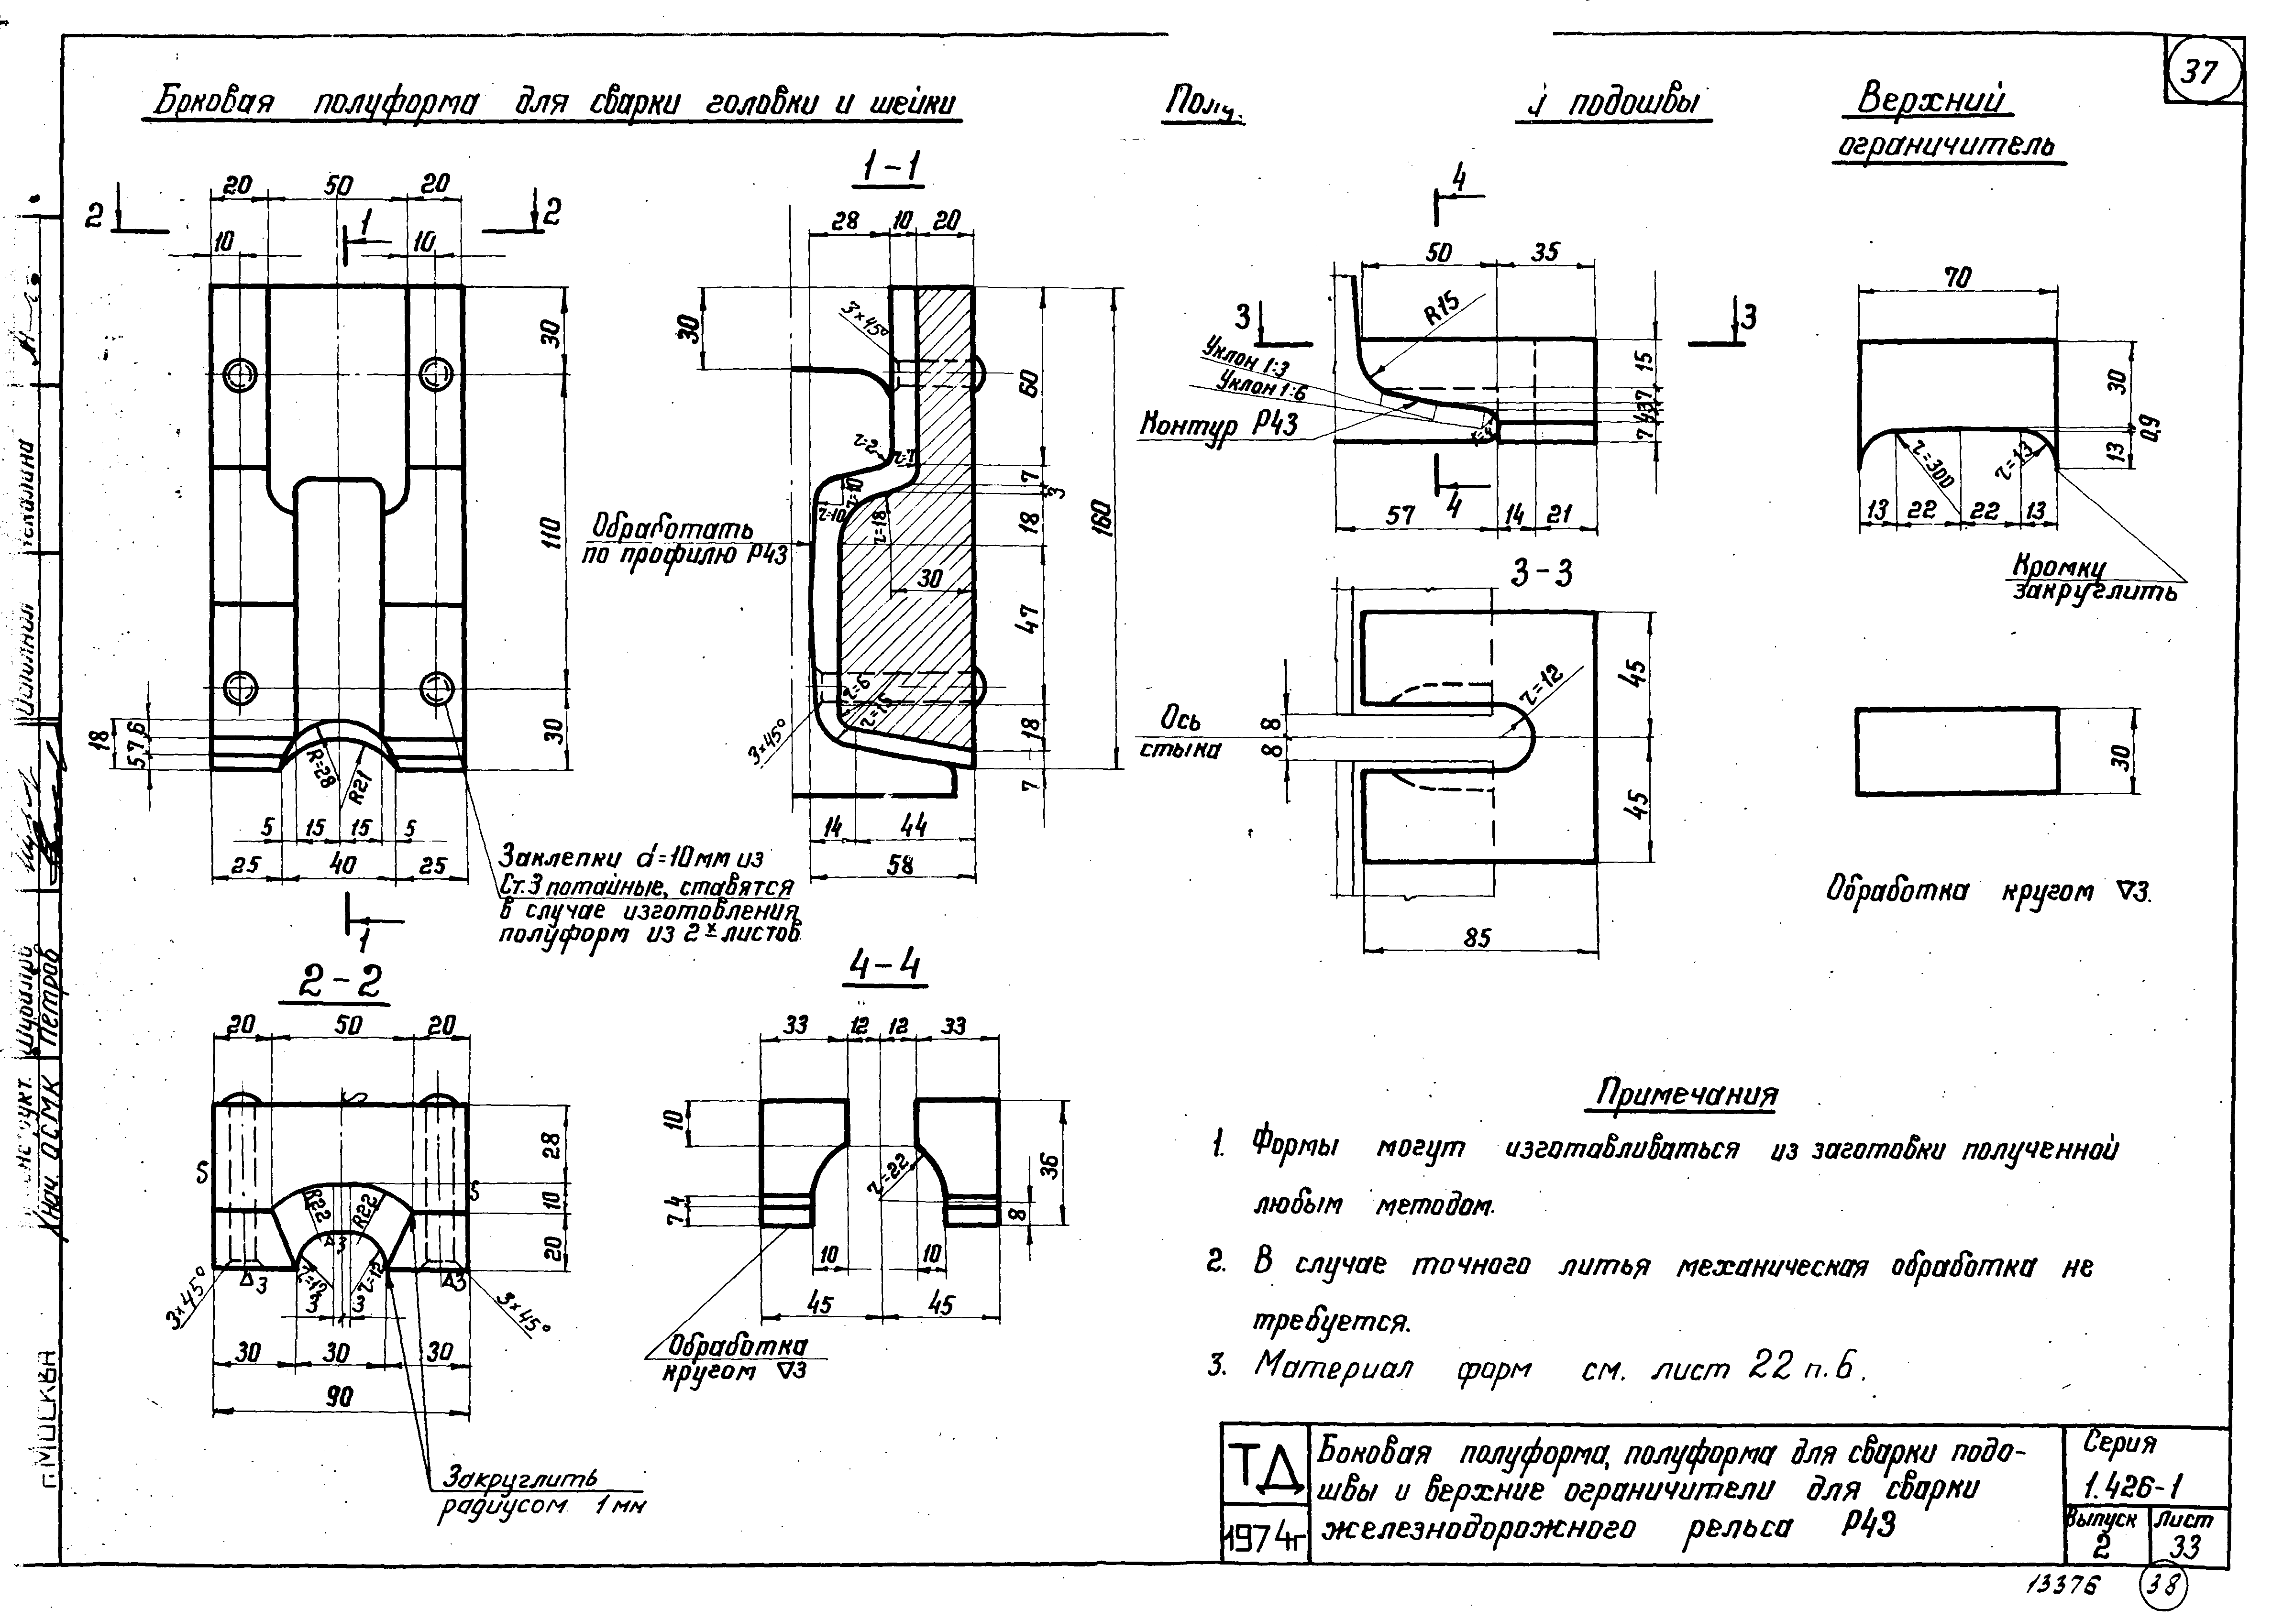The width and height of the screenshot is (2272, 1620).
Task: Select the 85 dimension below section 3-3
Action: click(x=1478, y=938)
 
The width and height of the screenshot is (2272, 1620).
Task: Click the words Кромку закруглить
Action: click(x=2093, y=580)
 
